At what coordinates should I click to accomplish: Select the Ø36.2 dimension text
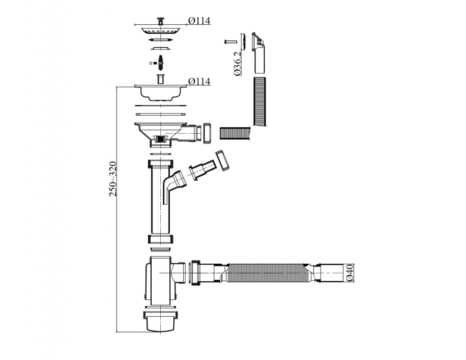(x=238, y=63)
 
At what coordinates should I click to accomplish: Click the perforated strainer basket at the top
(x=160, y=31)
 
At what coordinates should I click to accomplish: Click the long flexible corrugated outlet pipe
(x=269, y=273)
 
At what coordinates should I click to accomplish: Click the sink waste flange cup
(x=160, y=92)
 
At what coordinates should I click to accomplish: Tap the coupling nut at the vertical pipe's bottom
(x=160, y=239)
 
